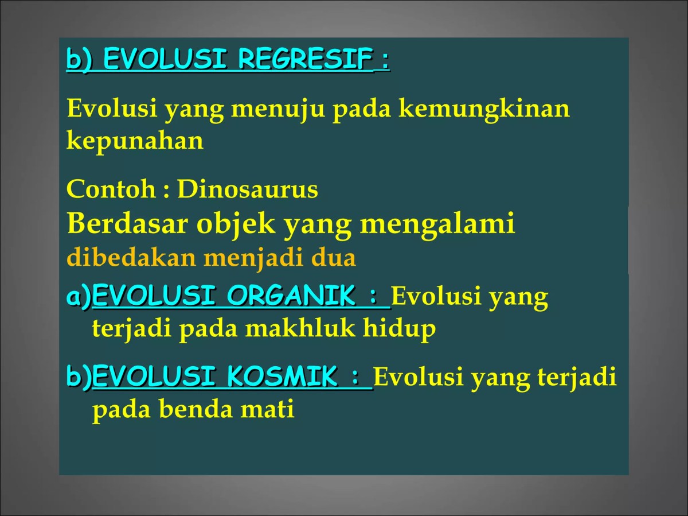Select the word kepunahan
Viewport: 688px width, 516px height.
[135, 141]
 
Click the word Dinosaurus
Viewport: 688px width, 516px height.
[247, 189]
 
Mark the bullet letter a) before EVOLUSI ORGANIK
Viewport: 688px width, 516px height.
[79, 297]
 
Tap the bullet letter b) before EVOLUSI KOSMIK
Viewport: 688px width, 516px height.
[79, 378]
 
